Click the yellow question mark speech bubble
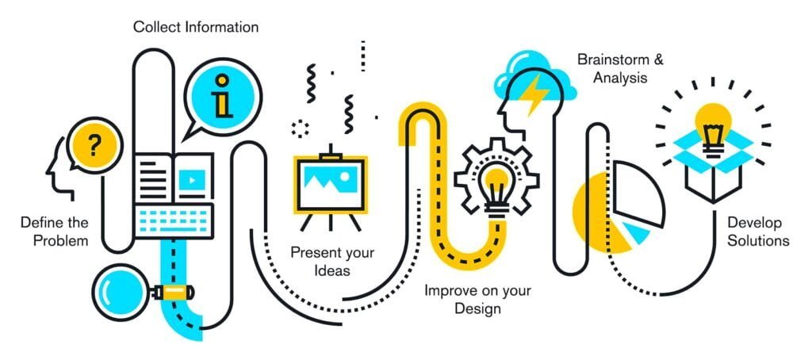click(x=94, y=144)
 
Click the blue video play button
click(x=192, y=180)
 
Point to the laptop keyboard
click(x=174, y=220)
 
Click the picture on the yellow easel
click(x=331, y=184)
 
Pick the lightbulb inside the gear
click(x=496, y=190)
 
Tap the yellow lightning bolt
click(x=534, y=94)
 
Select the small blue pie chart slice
click(x=635, y=231)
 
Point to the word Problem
click(x=61, y=241)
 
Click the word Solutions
click(x=758, y=241)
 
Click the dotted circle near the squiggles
click(x=301, y=128)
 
